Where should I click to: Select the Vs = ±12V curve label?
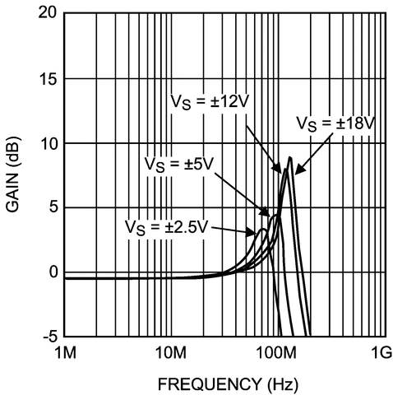coord(208,100)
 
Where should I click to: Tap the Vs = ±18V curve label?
coord(335,123)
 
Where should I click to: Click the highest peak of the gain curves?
coord(289,157)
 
